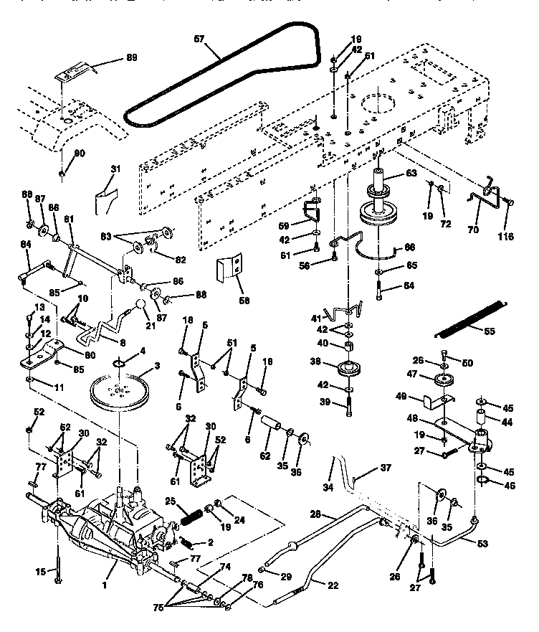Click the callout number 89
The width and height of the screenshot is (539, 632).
click(131, 57)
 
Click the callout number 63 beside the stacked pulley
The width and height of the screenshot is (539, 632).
click(411, 173)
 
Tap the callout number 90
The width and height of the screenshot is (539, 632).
click(79, 153)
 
